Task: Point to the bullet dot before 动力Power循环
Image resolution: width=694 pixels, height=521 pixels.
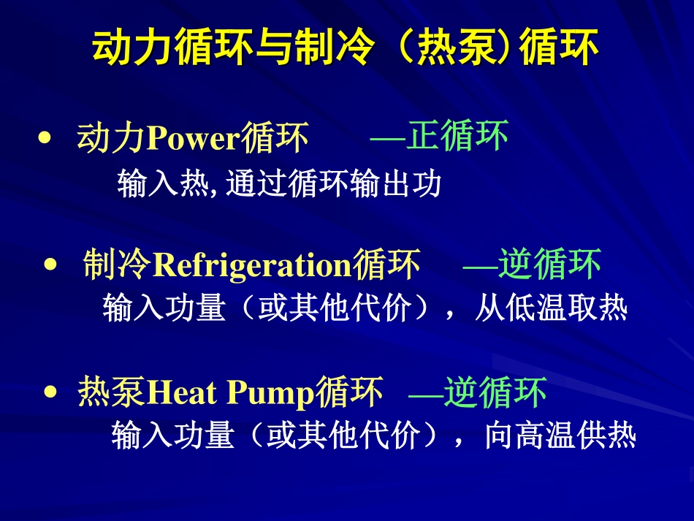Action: pos(46,138)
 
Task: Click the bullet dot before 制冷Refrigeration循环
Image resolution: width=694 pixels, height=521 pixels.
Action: pos(50,264)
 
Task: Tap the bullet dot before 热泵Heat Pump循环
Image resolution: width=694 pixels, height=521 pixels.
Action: pos(50,392)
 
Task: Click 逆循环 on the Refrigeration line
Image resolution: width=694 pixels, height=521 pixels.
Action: pos(550,265)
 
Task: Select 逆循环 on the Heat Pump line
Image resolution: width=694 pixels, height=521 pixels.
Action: pos(495,393)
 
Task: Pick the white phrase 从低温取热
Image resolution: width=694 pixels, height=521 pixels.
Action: pos(551,308)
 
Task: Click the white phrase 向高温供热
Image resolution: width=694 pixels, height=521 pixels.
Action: pos(560,436)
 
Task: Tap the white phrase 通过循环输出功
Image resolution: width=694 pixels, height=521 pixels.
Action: pos(334,184)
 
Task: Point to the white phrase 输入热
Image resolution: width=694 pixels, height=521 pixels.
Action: pos(162,184)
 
